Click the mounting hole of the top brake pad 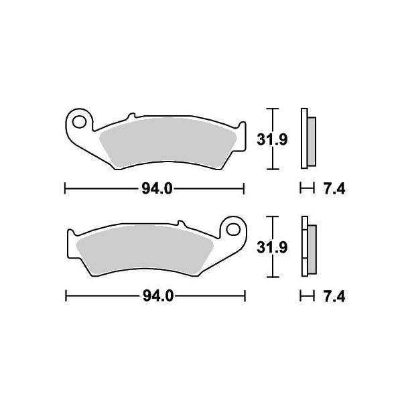coord(80,122)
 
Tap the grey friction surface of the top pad coord(167,144)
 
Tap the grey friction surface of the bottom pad coord(144,251)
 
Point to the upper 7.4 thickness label coord(332,190)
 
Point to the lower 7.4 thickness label coord(332,295)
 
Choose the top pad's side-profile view coord(309,139)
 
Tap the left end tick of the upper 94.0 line coord(64,189)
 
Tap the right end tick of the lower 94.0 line coord(245,295)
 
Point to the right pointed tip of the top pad coord(243,142)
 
